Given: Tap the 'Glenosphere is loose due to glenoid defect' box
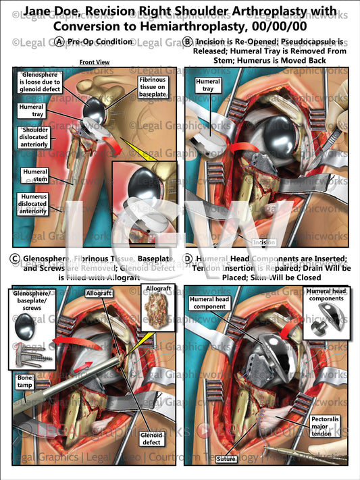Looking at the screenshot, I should tap(37, 84).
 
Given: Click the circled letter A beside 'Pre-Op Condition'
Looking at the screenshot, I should tap(61, 42).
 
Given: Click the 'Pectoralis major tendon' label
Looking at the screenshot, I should tap(328, 427).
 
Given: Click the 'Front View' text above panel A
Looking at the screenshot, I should tap(95, 62).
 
